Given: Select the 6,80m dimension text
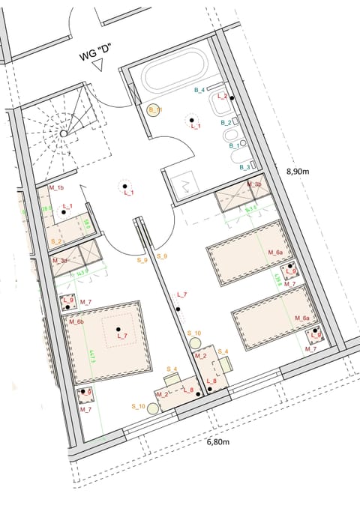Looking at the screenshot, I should pyautogui.click(x=219, y=442).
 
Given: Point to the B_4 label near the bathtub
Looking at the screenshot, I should pyautogui.click(x=199, y=91).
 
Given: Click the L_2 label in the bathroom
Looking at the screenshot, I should pyautogui.click(x=222, y=97).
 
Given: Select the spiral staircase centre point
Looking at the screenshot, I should pyautogui.click(x=64, y=133).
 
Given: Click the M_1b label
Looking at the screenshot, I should pyautogui.click(x=55, y=187).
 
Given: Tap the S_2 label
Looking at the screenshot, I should pyautogui.click(x=55, y=241).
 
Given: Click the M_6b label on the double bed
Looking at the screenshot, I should pyautogui.click(x=75, y=322).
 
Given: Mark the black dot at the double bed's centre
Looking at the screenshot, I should pyautogui.click(x=118, y=328).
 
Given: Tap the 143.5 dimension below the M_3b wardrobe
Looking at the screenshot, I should pyautogui.click(x=250, y=209).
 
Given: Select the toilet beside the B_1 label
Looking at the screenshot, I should pyautogui.click(x=231, y=136).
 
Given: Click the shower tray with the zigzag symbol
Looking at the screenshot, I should pyautogui.click(x=185, y=181).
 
